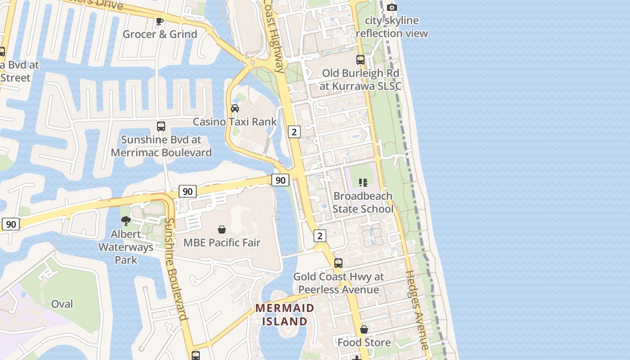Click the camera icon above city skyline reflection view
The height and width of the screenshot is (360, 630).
coord(392,7)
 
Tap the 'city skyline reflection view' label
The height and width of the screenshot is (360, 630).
coord(391,27)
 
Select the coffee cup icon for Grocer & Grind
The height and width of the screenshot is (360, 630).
coord(159,21)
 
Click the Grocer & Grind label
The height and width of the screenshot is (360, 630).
coord(160,34)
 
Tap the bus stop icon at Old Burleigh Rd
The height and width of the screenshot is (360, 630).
coord(360,59)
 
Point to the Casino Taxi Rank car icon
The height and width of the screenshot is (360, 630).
coord(235,108)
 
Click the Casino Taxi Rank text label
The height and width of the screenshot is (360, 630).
coord(235,121)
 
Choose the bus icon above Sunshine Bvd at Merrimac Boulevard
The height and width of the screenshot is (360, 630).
coord(161,126)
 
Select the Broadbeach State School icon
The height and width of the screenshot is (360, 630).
coord(363,183)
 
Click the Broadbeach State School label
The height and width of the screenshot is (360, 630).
coord(363,202)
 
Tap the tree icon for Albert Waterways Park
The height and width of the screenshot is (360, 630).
coord(126,221)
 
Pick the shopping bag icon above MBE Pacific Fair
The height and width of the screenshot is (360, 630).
coord(222,229)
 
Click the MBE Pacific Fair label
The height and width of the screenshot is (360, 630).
coord(222,243)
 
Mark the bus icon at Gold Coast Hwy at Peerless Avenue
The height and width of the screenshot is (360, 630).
coord(338,263)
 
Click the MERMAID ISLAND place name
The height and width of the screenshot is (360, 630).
coord(285,315)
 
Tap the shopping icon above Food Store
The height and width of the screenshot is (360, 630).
coord(364,329)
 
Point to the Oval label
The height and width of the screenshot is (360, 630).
coord(62,304)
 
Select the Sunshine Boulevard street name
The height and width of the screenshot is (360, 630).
coord(176,269)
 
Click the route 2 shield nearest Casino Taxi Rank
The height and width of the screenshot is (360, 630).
coord(294,132)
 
